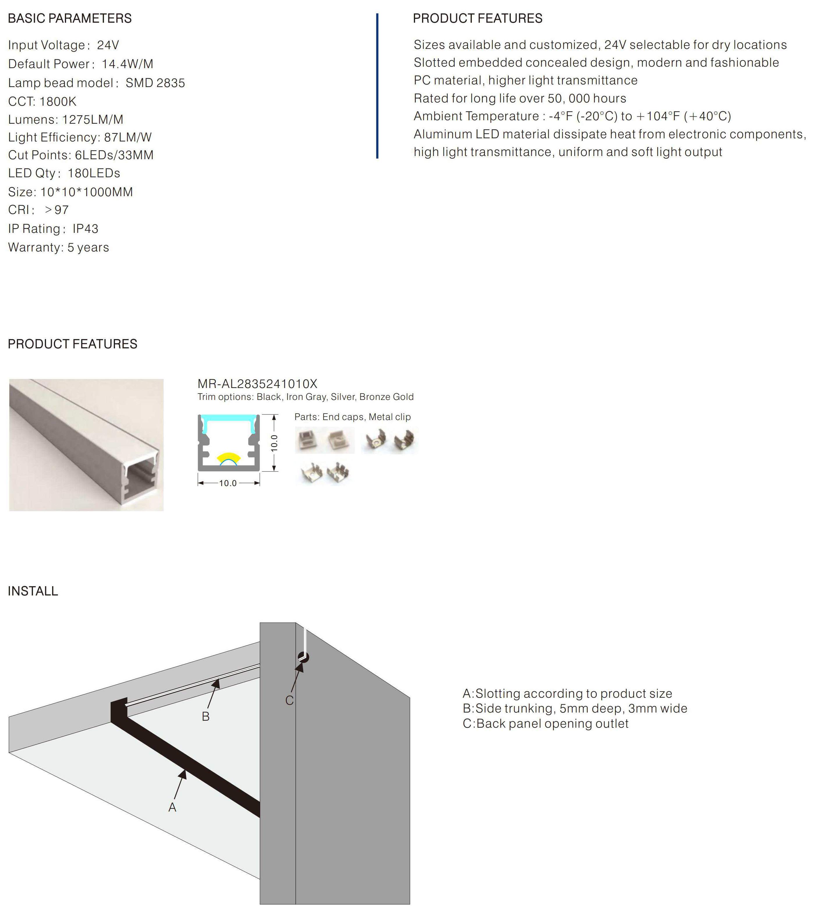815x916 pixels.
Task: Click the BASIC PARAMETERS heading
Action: point(70,18)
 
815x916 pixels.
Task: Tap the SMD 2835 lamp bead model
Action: point(155,83)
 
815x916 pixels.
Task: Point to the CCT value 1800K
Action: point(58,101)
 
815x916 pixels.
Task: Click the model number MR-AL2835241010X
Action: point(257,384)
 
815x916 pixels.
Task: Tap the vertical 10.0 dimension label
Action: point(274,443)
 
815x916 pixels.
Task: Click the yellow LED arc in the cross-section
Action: point(228,458)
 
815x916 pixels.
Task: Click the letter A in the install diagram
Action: point(172,807)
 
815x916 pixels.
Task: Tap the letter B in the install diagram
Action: point(206,717)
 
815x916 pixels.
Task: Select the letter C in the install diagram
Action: point(289,700)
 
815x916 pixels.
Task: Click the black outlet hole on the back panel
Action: point(303,658)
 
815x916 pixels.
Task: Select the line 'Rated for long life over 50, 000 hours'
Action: point(520,98)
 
